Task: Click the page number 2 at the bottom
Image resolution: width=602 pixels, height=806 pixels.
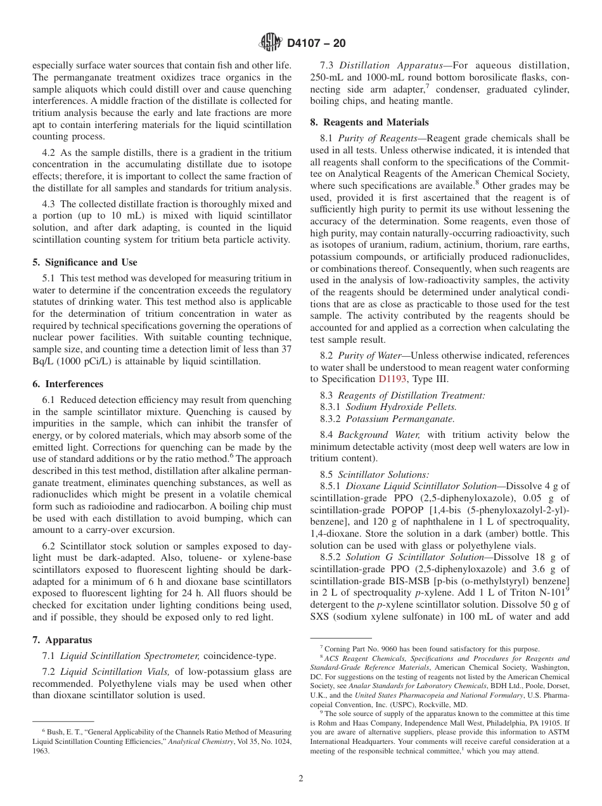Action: [301, 778]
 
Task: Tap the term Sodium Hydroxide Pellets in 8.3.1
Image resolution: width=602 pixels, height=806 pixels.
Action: [400, 407]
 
